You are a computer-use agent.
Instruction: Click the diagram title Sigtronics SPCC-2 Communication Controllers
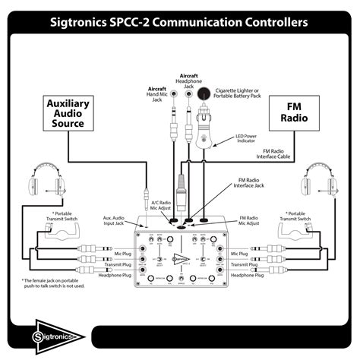[x=180, y=22]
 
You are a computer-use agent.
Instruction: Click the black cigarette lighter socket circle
[x=204, y=95]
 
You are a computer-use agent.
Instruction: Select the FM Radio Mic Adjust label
[x=254, y=221]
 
